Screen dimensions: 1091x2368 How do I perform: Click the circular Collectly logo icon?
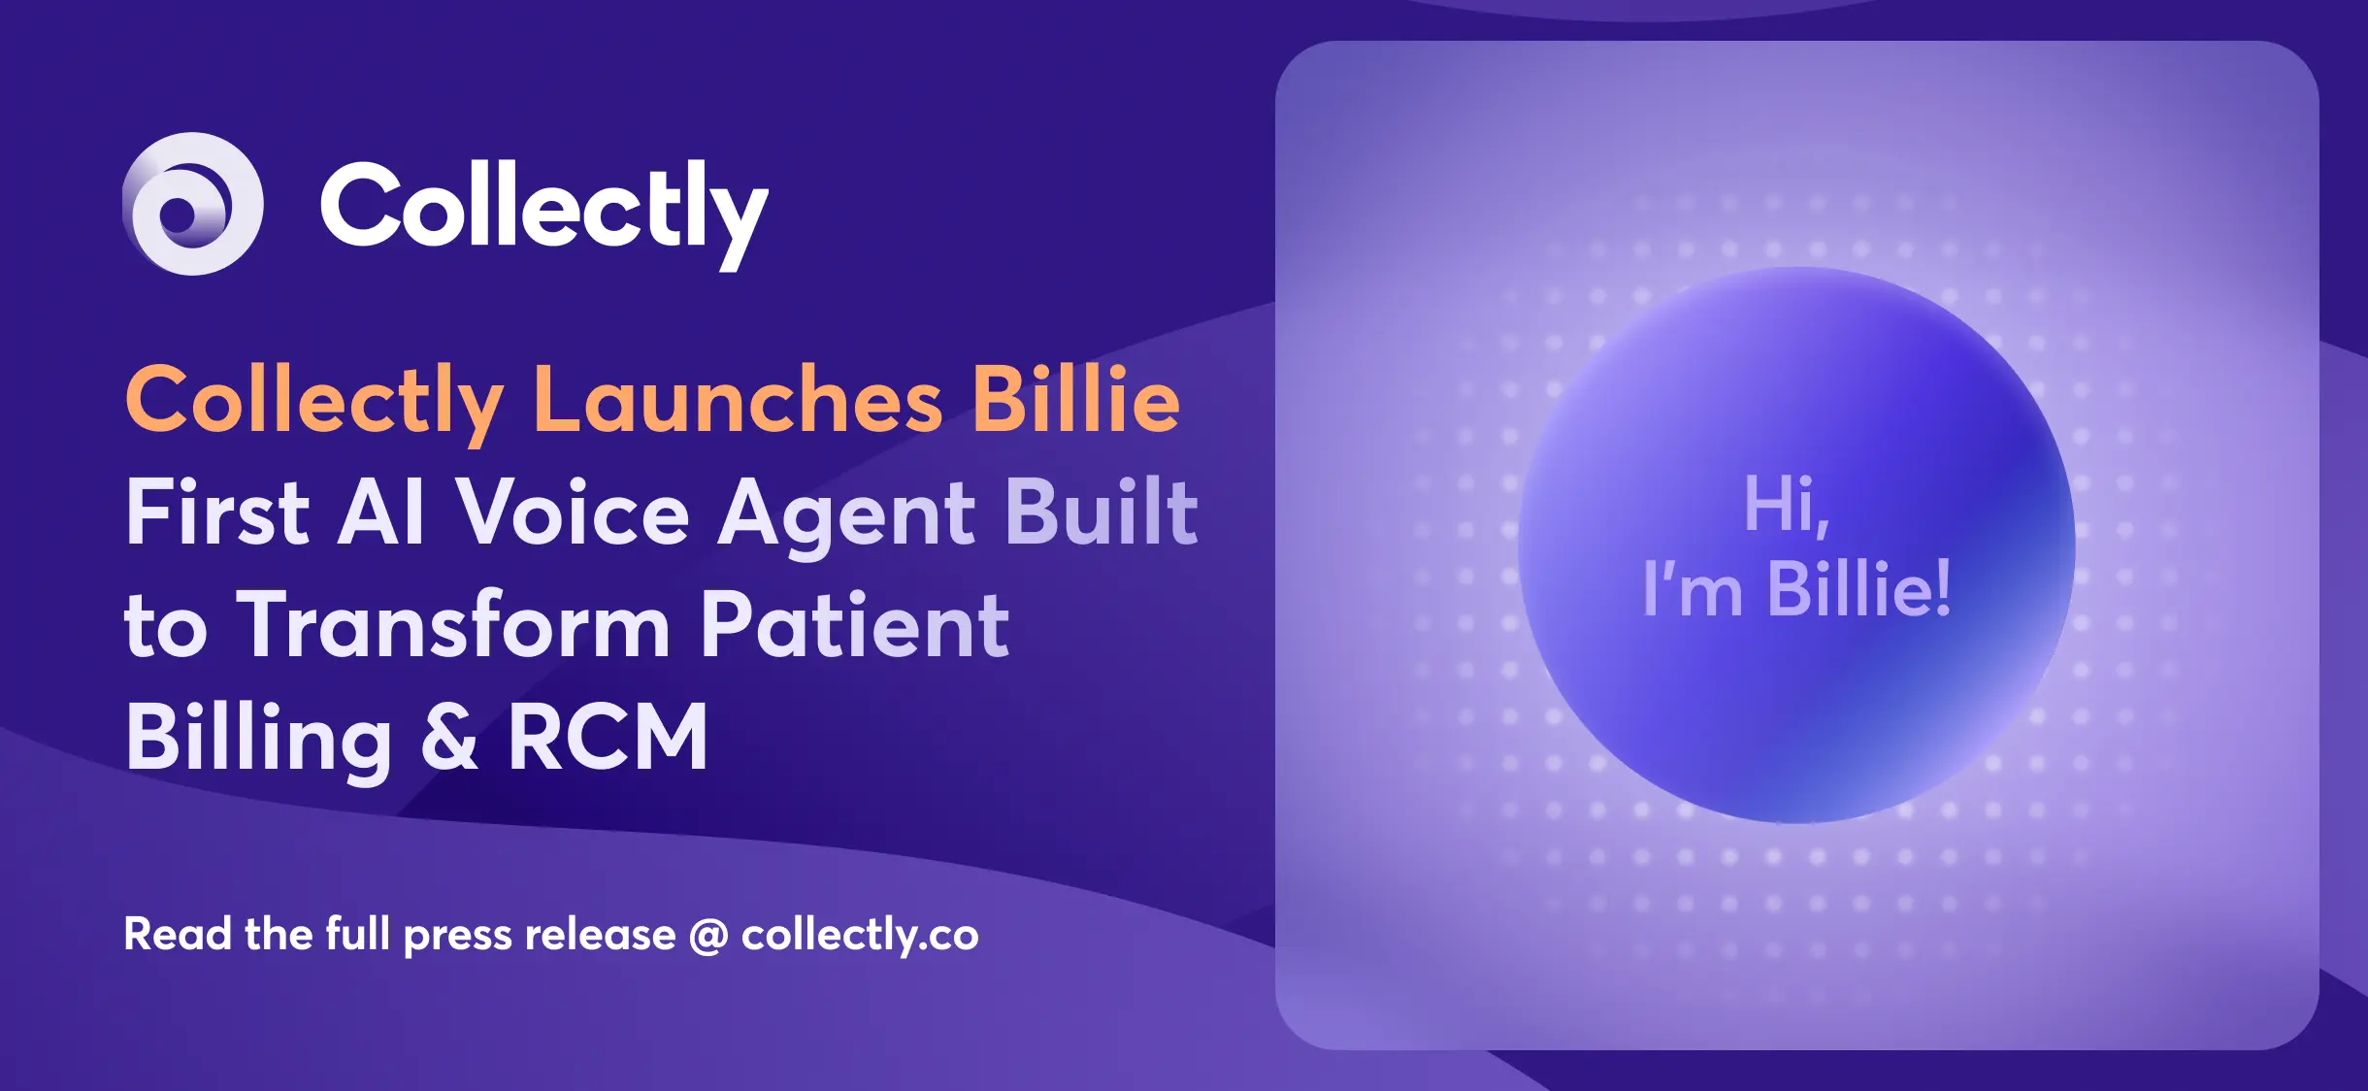coord(193,204)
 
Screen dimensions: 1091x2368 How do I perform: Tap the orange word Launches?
coord(738,400)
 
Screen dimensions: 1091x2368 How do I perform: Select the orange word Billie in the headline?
coord(1076,400)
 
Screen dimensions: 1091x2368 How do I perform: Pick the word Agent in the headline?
coord(846,514)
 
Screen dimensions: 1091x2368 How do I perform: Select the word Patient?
coord(854,625)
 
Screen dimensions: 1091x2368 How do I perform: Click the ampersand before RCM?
coord(449,738)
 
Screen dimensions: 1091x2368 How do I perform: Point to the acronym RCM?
coord(608,738)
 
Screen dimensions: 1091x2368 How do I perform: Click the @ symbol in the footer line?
coord(708,936)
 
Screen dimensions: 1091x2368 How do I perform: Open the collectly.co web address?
coord(860,936)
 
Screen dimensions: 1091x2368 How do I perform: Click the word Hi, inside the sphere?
coord(1787,505)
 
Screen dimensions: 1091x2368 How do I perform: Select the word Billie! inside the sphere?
coord(1858,588)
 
